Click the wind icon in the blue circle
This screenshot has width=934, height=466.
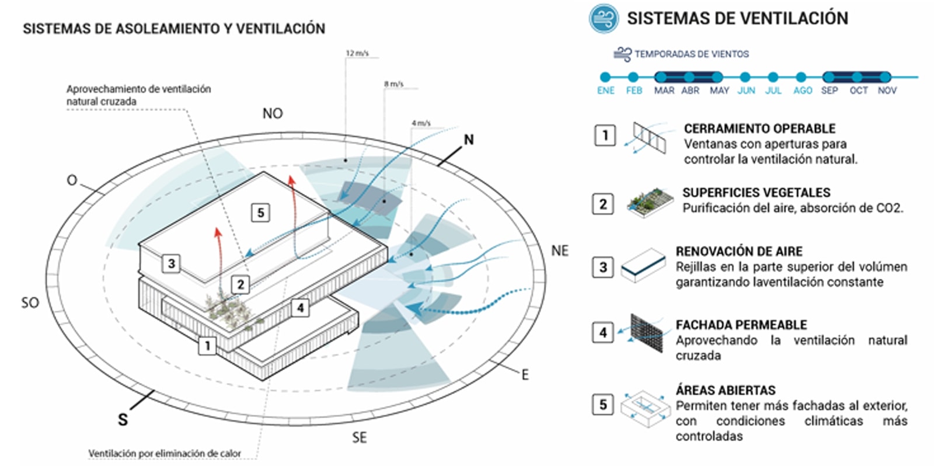pos(603,19)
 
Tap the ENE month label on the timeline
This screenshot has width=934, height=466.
pos(605,91)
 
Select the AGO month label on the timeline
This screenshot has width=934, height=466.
pos(803,91)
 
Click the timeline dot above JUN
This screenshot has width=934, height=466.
pos(745,76)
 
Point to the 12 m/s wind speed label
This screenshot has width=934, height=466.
pos(357,53)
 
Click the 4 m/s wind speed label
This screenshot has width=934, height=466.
pos(421,123)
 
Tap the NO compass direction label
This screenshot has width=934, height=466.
pos(273,113)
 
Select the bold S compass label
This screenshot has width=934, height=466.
pos(123,419)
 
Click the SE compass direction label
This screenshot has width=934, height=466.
pos(360,437)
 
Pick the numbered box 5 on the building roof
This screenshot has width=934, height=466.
pos(261,212)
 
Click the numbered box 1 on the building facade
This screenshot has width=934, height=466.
pos(207,346)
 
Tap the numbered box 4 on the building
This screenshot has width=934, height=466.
pos(300,307)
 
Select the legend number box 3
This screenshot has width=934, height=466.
pos(604,267)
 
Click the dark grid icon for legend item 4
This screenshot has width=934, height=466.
pos(647,333)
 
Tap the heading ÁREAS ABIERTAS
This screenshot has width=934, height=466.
pos(726,390)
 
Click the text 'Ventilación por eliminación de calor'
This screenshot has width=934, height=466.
pos(165,453)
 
